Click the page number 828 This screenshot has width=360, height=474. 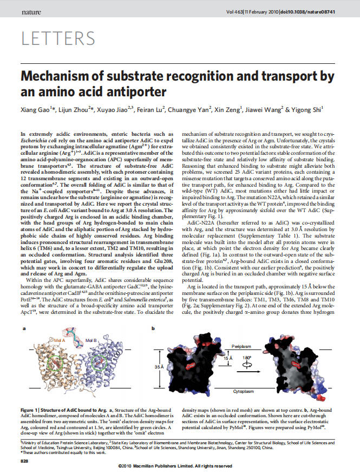point(24,460)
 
